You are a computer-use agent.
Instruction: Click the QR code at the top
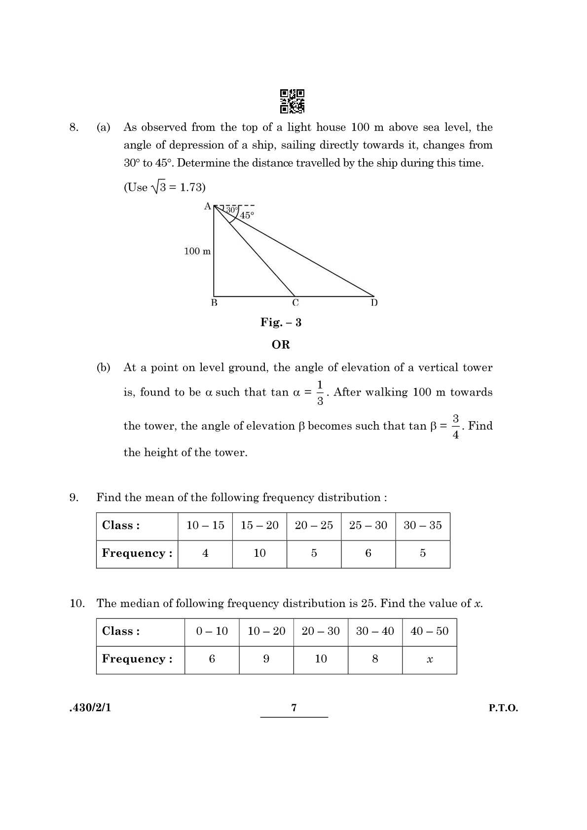(x=292, y=101)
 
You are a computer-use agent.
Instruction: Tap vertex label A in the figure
(x=207, y=206)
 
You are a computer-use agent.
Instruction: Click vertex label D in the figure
(x=374, y=303)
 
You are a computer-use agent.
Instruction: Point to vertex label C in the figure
(x=295, y=303)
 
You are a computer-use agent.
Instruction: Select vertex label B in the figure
(x=214, y=303)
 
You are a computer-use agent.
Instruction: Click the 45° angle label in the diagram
(x=247, y=215)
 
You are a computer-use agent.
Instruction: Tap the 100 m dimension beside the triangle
(x=197, y=251)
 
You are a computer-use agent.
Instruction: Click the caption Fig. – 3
(x=281, y=322)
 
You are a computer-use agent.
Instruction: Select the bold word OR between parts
(x=281, y=344)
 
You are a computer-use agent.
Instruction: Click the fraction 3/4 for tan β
(x=455, y=427)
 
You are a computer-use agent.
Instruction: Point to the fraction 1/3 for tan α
(x=320, y=393)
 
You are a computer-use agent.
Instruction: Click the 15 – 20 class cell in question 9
(x=259, y=525)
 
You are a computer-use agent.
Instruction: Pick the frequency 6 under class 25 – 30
(x=368, y=553)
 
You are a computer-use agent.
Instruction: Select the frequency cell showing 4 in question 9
(x=205, y=553)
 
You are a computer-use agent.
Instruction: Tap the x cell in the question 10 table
(x=429, y=659)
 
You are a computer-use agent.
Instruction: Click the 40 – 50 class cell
(x=429, y=631)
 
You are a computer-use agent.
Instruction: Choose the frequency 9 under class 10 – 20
(x=266, y=659)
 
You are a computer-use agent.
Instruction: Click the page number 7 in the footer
(x=294, y=708)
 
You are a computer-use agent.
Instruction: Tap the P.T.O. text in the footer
(x=503, y=708)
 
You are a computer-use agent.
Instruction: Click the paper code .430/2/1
(x=90, y=708)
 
